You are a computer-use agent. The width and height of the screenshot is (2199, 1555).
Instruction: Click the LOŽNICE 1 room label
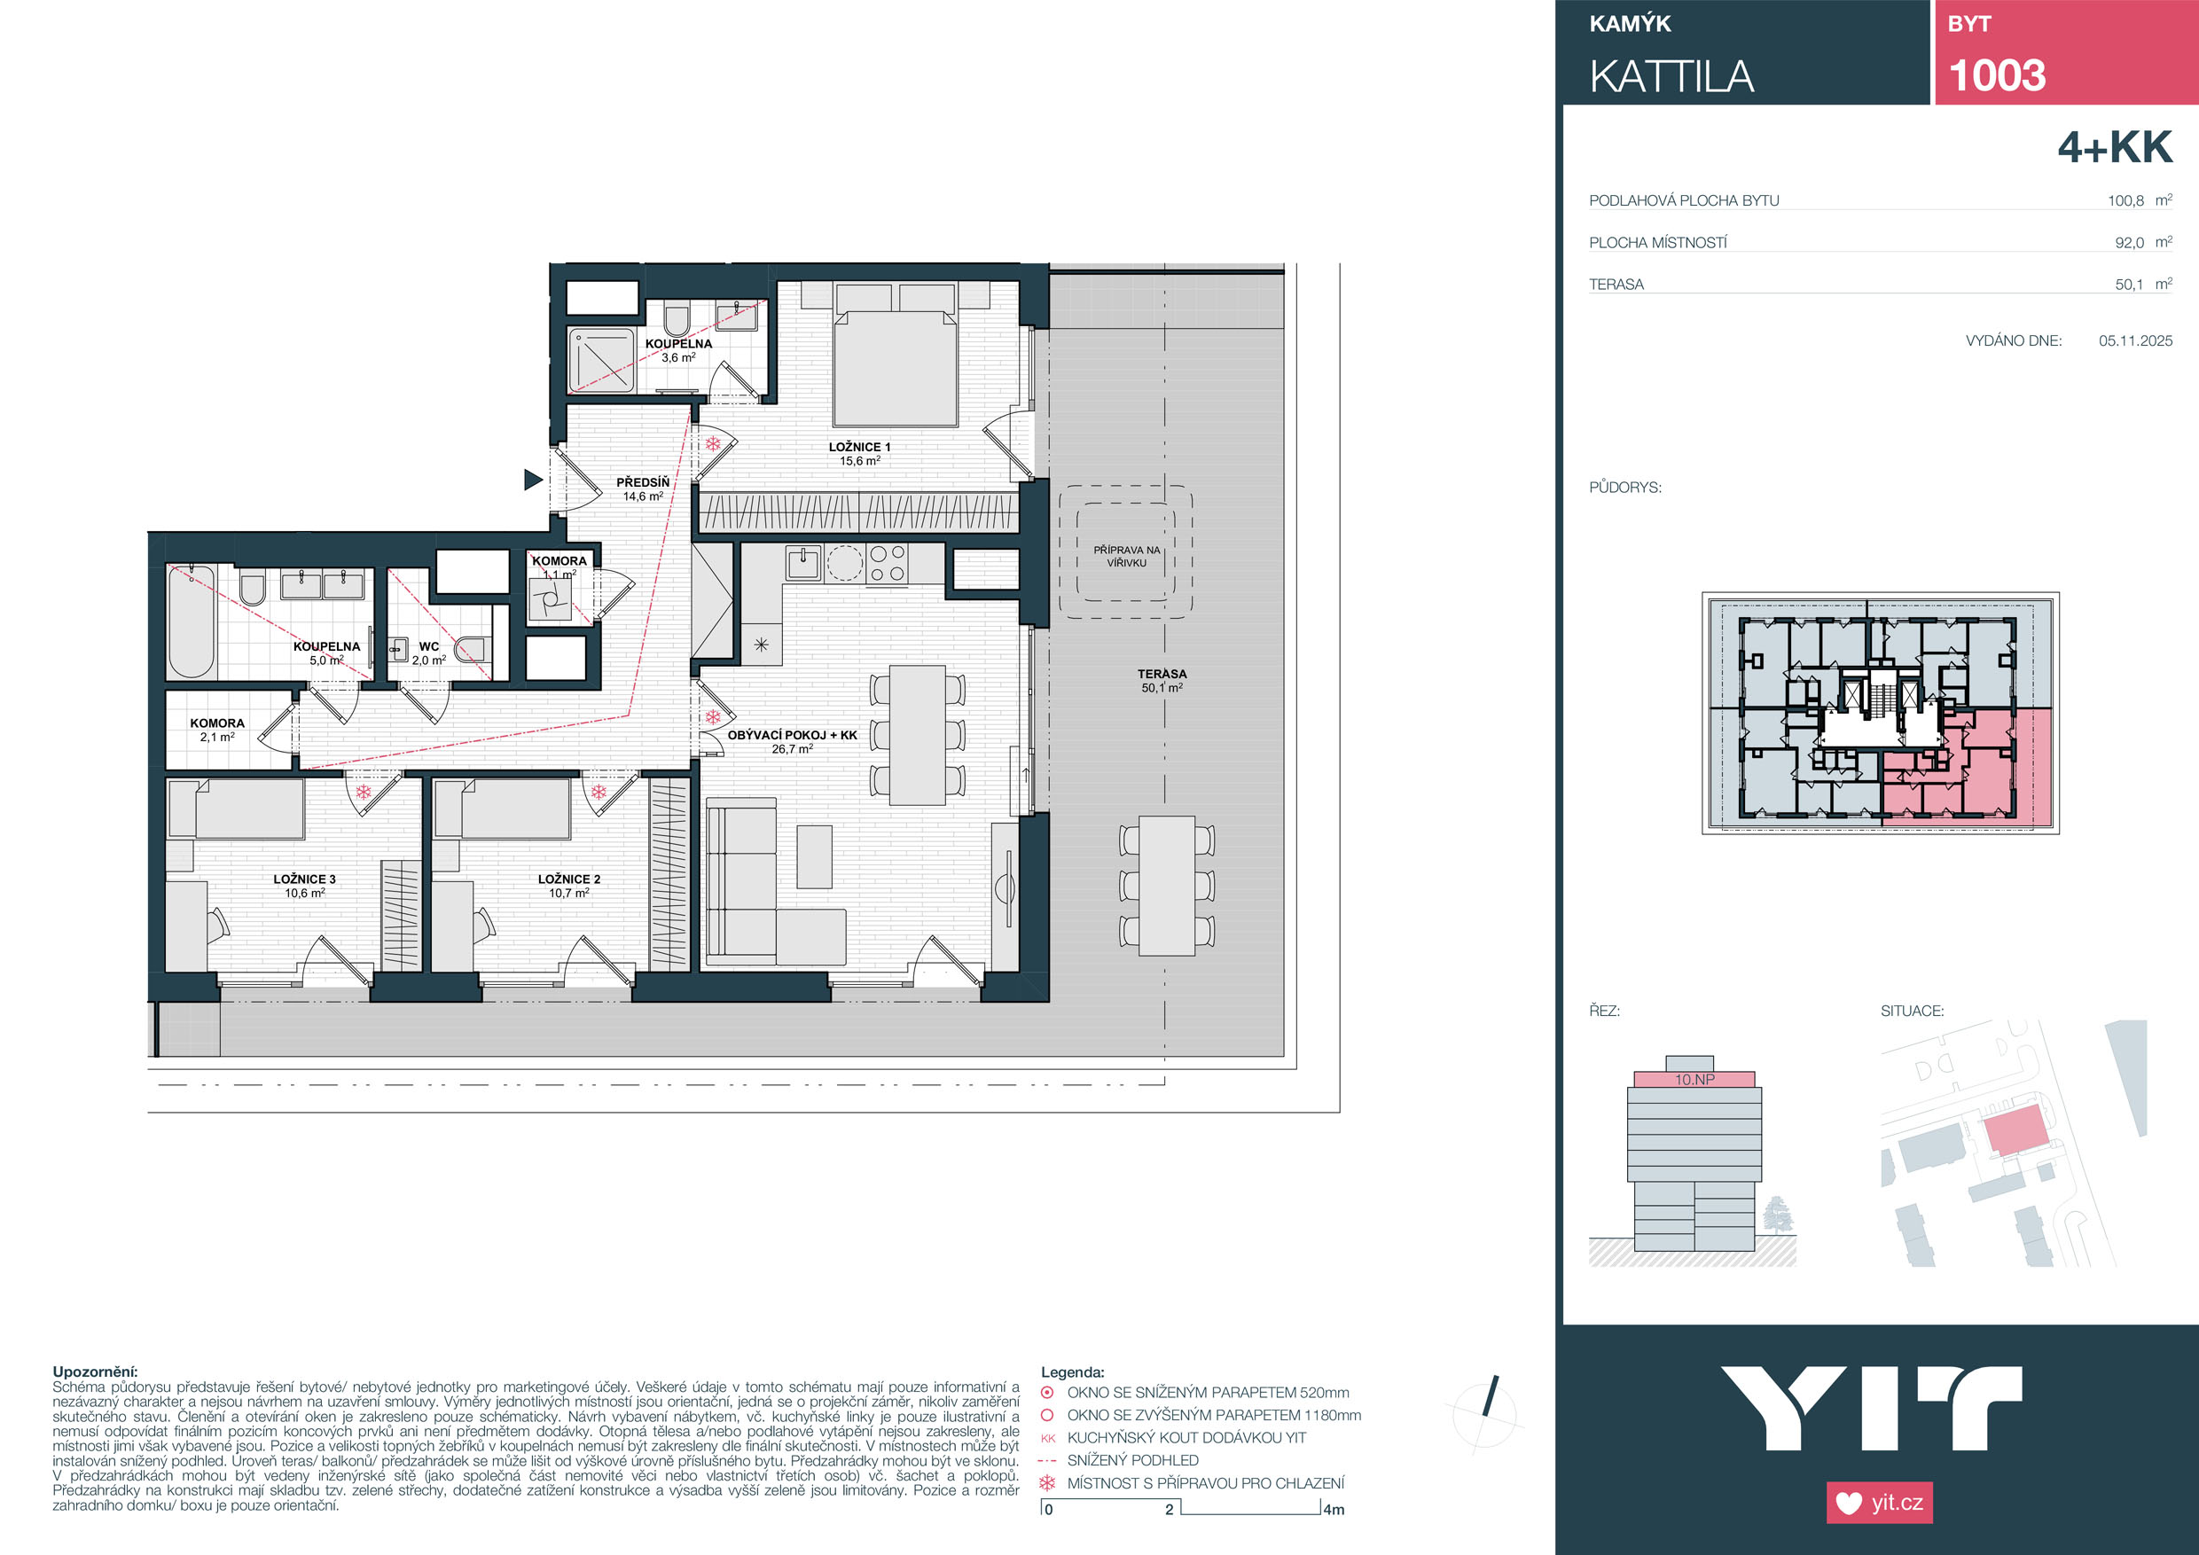[x=859, y=447]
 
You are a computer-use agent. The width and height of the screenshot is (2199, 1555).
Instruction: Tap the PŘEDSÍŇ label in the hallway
[x=643, y=482]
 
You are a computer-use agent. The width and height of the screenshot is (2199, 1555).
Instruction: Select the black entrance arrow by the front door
[x=534, y=480]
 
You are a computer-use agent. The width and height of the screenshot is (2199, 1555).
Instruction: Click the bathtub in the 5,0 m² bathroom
[x=192, y=621]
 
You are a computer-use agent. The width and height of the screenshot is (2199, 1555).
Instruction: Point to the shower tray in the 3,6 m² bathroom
[x=601, y=360]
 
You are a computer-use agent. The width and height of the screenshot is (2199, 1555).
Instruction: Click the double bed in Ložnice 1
[x=896, y=355]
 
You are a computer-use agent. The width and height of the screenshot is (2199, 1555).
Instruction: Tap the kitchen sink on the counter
[x=802, y=563]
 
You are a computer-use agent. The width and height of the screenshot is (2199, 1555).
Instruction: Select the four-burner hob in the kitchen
[x=887, y=563]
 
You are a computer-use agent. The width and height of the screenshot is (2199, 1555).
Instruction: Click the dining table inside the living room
[x=918, y=735]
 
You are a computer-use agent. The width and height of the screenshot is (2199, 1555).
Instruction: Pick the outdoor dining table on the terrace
[x=1167, y=886]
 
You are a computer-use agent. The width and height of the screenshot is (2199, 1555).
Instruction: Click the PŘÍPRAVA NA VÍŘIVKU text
[x=1126, y=557]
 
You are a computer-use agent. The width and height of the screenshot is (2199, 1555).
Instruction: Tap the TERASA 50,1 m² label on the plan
[x=1162, y=681]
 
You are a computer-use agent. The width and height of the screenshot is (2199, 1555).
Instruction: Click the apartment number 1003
[x=1997, y=75]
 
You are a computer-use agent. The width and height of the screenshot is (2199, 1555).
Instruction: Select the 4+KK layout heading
[x=2115, y=147]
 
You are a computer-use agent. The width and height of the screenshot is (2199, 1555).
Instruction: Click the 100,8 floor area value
[x=2125, y=201]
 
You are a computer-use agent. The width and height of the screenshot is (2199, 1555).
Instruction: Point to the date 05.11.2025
[x=2136, y=340]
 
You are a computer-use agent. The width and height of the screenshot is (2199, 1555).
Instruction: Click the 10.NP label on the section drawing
[x=1694, y=1079]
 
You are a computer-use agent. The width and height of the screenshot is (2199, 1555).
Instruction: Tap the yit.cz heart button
[x=1879, y=1503]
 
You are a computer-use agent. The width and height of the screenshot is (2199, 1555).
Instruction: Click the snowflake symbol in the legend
[x=1048, y=1483]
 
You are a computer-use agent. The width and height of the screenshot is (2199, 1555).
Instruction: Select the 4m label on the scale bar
[x=1334, y=1510]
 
